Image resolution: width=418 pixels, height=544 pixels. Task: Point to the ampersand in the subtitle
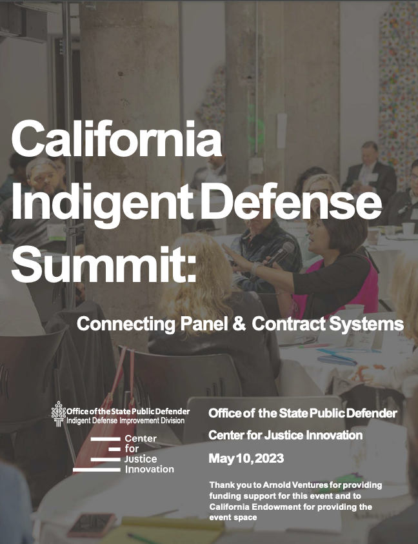(238, 324)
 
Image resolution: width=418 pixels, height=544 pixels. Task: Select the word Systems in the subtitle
(368, 324)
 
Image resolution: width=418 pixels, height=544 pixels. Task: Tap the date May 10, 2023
(246, 459)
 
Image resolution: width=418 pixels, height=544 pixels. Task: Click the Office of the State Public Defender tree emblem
(59, 413)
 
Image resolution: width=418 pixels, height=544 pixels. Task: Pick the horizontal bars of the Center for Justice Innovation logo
(97, 454)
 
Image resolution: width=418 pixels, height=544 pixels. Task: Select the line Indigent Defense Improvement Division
(125, 421)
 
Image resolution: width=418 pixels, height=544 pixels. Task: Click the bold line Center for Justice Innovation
(285, 436)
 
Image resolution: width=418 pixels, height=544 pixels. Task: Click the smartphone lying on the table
(91, 524)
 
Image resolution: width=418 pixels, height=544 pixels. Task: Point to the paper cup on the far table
(408, 229)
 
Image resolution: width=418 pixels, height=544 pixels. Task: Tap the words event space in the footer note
(233, 518)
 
